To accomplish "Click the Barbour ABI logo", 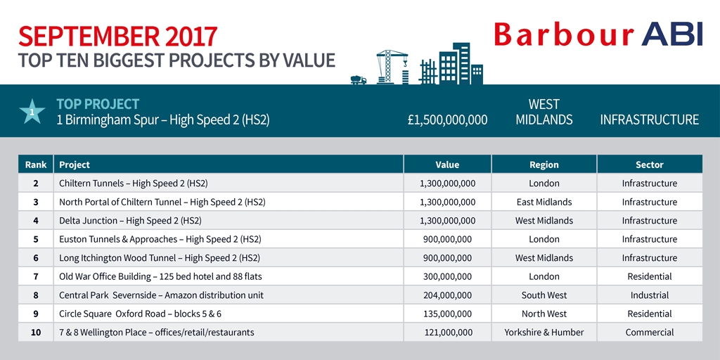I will point(598,34).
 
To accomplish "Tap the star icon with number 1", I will point(32,111).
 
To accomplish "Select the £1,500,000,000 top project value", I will point(447,120).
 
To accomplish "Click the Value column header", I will point(447,165).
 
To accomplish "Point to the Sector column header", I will point(649,165).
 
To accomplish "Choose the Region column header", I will point(544,165).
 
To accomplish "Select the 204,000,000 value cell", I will point(447,295).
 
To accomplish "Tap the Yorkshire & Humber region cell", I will point(544,333).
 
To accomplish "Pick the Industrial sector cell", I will point(649,295).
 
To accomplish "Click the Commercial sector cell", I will point(649,333).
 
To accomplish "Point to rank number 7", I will point(35,277).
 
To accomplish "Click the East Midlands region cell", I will point(544,202).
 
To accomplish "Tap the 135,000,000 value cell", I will point(447,314).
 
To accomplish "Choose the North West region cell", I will point(544,314).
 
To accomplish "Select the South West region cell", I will point(544,295).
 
